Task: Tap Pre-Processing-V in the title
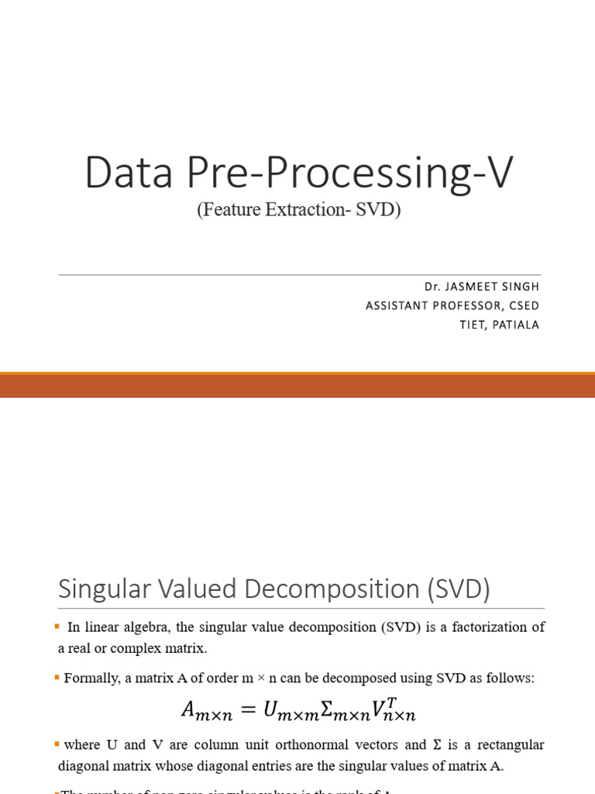[348, 174]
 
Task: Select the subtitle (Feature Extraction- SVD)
[298, 210]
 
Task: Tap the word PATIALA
[514, 325]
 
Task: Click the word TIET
[470, 325]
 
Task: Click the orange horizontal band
[297, 385]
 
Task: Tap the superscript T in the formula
[392, 702]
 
